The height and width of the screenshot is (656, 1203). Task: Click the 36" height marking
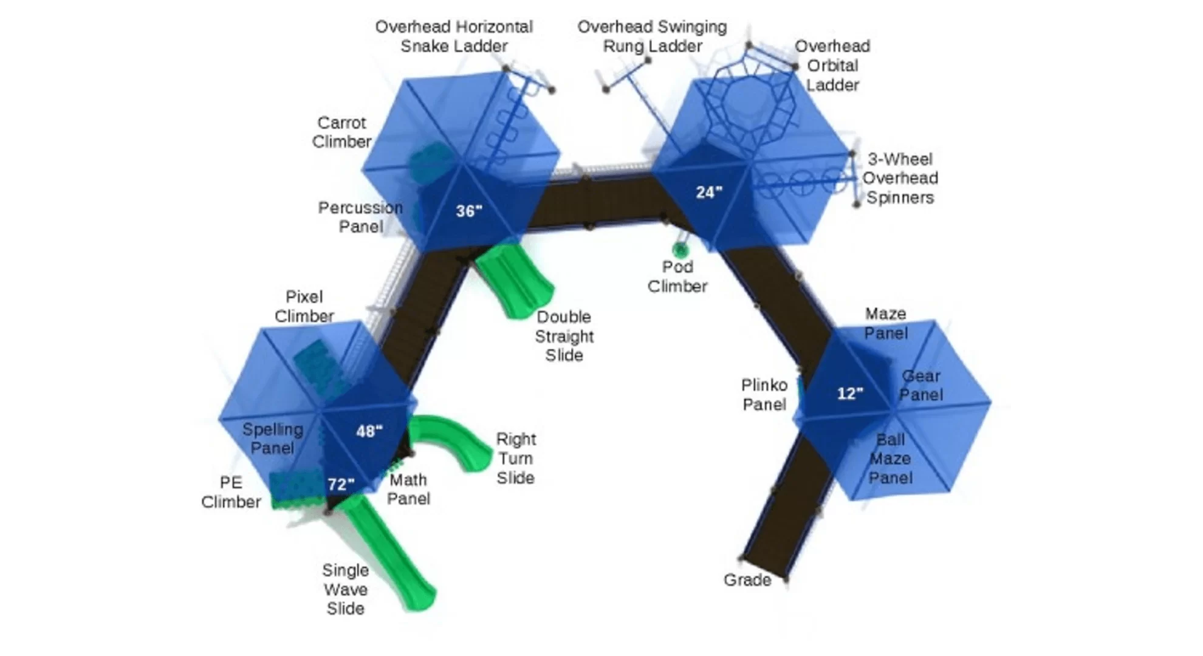point(469,211)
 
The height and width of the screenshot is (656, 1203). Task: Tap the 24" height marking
point(708,193)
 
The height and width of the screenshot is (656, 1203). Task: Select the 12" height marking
point(849,394)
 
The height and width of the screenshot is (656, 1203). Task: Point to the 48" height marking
point(369,431)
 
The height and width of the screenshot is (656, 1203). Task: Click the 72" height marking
point(341,484)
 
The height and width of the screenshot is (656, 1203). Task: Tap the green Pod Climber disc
point(680,249)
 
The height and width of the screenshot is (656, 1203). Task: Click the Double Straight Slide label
point(564,336)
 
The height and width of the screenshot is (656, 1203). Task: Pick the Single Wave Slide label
point(345,589)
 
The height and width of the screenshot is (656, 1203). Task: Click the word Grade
point(747,580)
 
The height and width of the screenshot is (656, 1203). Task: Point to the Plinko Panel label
point(764,395)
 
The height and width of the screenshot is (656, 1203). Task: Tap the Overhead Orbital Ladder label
point(832,66)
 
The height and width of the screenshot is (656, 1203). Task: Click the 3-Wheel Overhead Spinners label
point(900,179)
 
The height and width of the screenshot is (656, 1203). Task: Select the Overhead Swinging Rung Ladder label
point(652,36)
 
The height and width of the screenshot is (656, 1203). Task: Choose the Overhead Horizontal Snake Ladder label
point(454,36)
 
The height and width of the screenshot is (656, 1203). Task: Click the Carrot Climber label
point(341,132)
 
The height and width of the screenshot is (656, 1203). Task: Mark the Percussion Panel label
point(360,217)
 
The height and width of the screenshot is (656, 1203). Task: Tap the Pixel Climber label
point(304,307)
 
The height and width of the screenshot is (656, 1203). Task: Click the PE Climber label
point(231,492)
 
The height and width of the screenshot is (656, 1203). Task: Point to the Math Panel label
point(408,489)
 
